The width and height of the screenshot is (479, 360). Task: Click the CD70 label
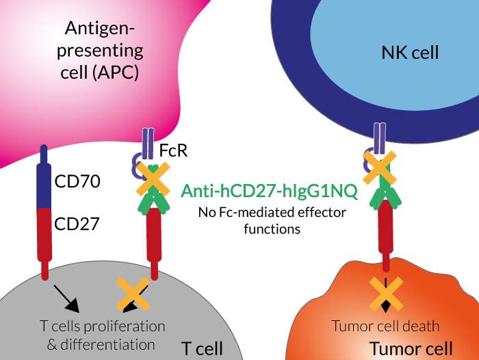[77, 182]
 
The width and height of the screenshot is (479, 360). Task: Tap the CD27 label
[77, 223]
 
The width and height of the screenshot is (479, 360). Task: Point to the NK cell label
[409, 52]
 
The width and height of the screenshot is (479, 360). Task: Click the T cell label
[202, 348]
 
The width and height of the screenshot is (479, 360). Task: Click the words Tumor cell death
[385, 326]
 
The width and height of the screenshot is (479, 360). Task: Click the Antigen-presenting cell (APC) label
[103, 51]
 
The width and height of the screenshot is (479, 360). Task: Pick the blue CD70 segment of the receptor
[44, 178]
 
